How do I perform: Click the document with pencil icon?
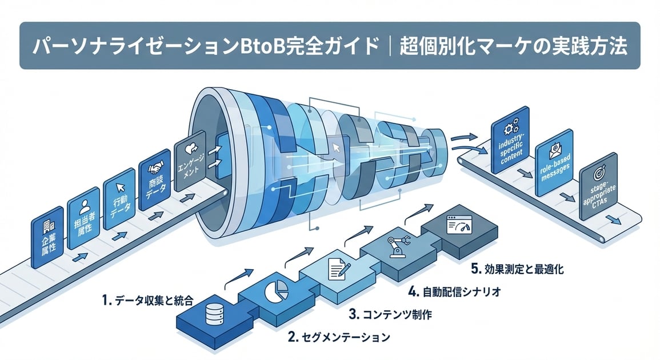tap(336, 267)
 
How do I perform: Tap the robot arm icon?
tap(395, 247)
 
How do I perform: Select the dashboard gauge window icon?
tap(458, 226)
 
